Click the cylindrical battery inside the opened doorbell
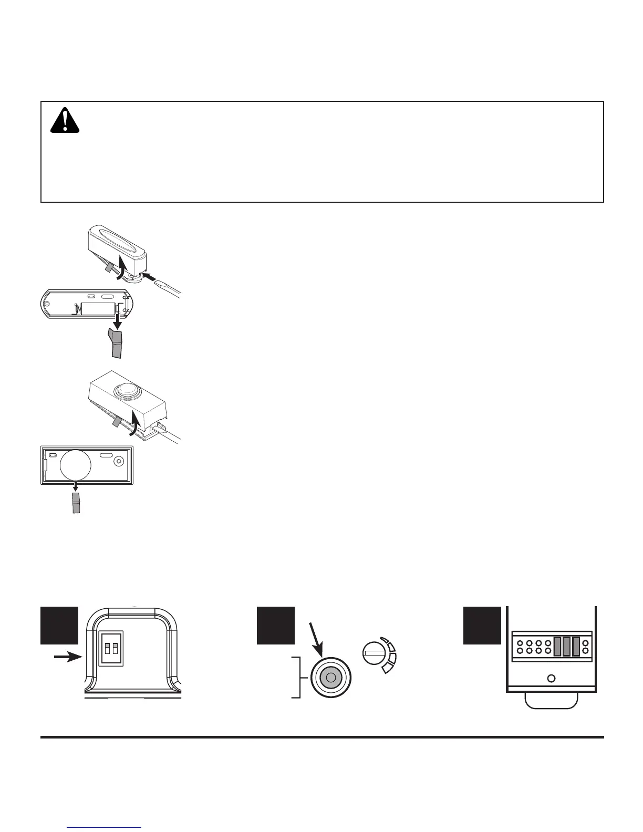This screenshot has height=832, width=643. coord(98,308)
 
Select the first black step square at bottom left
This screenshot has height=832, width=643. coord(59,625)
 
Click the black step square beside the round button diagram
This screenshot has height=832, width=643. coord(275,625)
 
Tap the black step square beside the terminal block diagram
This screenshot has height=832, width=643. coord(482,625)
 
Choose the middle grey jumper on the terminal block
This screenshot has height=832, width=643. coord(566,646)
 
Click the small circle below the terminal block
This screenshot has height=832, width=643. coord(551,679)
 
